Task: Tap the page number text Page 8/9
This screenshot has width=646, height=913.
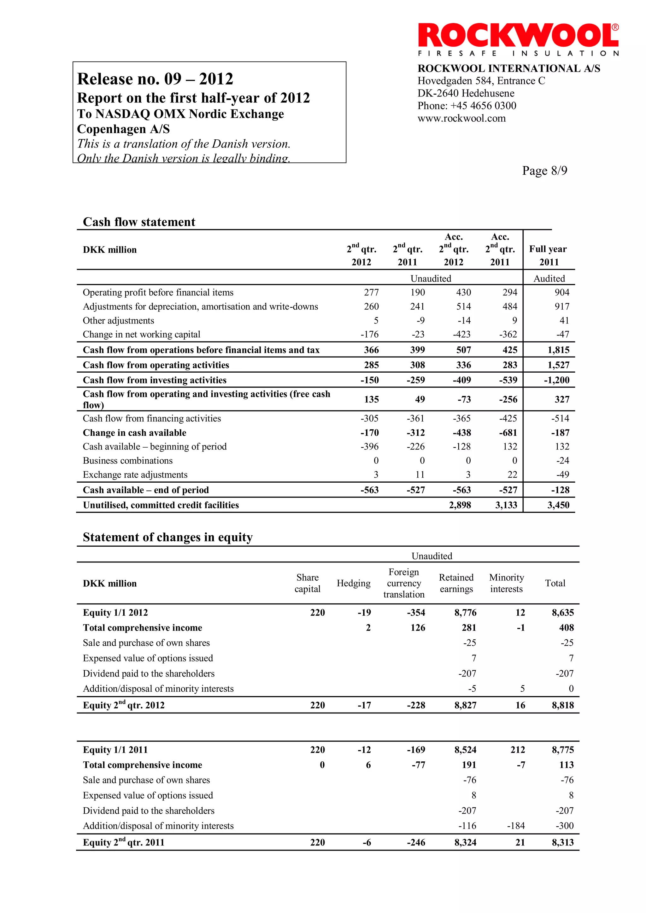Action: pos(544,171)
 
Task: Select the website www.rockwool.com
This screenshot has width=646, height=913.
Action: pos(461,118)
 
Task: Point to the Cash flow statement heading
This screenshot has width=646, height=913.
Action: pos(139,222)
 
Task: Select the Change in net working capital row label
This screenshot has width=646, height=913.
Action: pos(141,334)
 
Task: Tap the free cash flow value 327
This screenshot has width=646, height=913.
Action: pos(562,399)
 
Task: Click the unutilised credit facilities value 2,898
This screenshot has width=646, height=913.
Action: pos(460,505)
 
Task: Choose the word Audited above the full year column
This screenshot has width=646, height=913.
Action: pos(549,278)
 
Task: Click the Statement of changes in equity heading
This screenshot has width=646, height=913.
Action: pos(167,537)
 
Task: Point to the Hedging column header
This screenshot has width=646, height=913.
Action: pos(353,583)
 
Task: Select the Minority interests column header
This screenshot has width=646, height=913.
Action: pos(506,583)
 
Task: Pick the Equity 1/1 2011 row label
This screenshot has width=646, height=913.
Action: pos(115,750)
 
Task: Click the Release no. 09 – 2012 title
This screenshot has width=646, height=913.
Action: pos(155,79)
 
